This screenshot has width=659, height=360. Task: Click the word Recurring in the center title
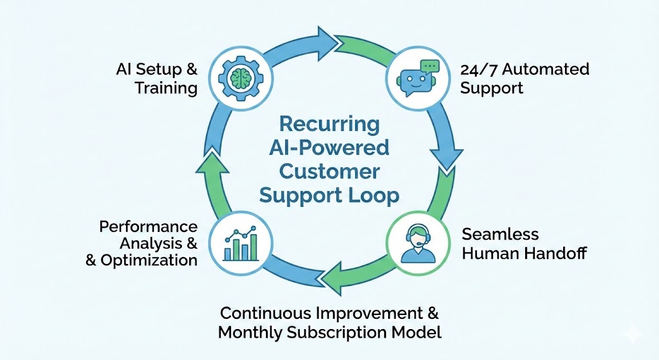pos(329,124)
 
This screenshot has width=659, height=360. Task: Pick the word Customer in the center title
pos(329,172)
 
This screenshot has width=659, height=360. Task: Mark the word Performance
pos(148,227)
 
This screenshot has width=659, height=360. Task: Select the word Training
pos(166,88)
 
